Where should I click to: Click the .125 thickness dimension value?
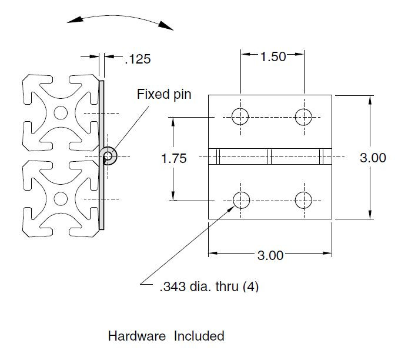[138, 59]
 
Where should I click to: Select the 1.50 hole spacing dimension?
[273, 56]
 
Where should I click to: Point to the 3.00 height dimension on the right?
[373, 158]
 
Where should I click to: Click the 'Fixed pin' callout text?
[164, 94]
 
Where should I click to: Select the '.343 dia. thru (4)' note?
[209, 287]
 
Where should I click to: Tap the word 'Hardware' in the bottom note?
[137, 336]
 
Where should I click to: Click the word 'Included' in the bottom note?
[199, 336]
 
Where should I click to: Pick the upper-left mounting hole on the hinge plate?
[240, 116]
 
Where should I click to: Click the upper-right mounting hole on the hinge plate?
[303, 116]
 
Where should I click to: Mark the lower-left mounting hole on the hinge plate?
[240, 200]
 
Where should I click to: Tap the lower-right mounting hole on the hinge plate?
[303, 200]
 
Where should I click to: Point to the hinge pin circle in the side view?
[110, 155]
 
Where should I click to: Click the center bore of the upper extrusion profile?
[60, 112]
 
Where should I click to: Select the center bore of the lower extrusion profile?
[60, 198]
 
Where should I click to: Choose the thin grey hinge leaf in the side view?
[102, 118]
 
